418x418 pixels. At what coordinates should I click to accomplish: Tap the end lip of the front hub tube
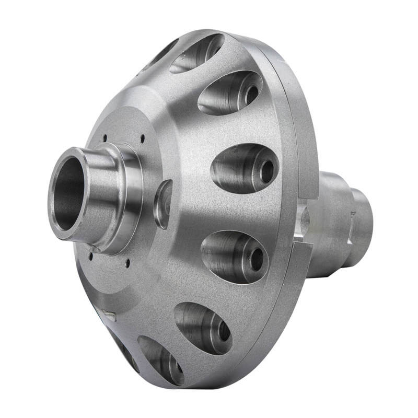pyautogui.click(x=56, y=172)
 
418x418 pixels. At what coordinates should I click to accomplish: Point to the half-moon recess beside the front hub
pyautogui.click(x=162, y=204)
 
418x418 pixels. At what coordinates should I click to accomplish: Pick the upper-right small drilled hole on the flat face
pyautogui.click(x=143, y=138)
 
